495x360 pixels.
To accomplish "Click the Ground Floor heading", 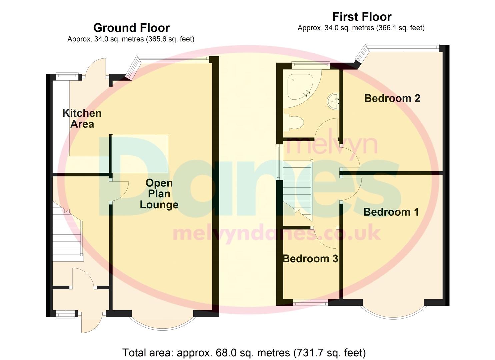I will click(x=131, y=28).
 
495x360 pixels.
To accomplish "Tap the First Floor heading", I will click(x=362, y=17).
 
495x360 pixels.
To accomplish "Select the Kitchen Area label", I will click(x=82, y=119).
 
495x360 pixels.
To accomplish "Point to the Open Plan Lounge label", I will click(x=159, y=194).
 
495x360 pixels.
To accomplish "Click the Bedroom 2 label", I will click(x=392, y=98).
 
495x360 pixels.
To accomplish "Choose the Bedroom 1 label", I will click(x=391, y=212).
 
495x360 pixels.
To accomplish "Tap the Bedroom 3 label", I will click(x=310, y=259).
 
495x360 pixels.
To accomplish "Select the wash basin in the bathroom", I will click(x=334, y=99).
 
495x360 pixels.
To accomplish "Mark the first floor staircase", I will click(x=297, y=190).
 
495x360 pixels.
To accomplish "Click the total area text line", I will click(x=244, y=353).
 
